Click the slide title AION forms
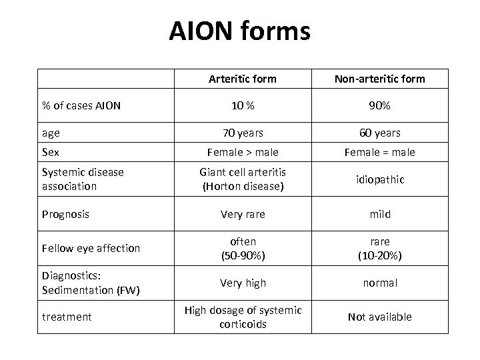239,31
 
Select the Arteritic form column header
242,79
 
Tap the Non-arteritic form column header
379,79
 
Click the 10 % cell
242,105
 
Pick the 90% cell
379,105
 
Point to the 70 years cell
242,133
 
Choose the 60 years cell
379,133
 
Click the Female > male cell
242,152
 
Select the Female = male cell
379,152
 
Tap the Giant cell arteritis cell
242,179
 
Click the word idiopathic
379,180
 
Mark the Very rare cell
242,215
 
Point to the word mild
379,215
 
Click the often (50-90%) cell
242,248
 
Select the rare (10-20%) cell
379,248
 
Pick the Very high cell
242,283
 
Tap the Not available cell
379,317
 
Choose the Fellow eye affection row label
91,248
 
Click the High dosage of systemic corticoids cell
242,317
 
